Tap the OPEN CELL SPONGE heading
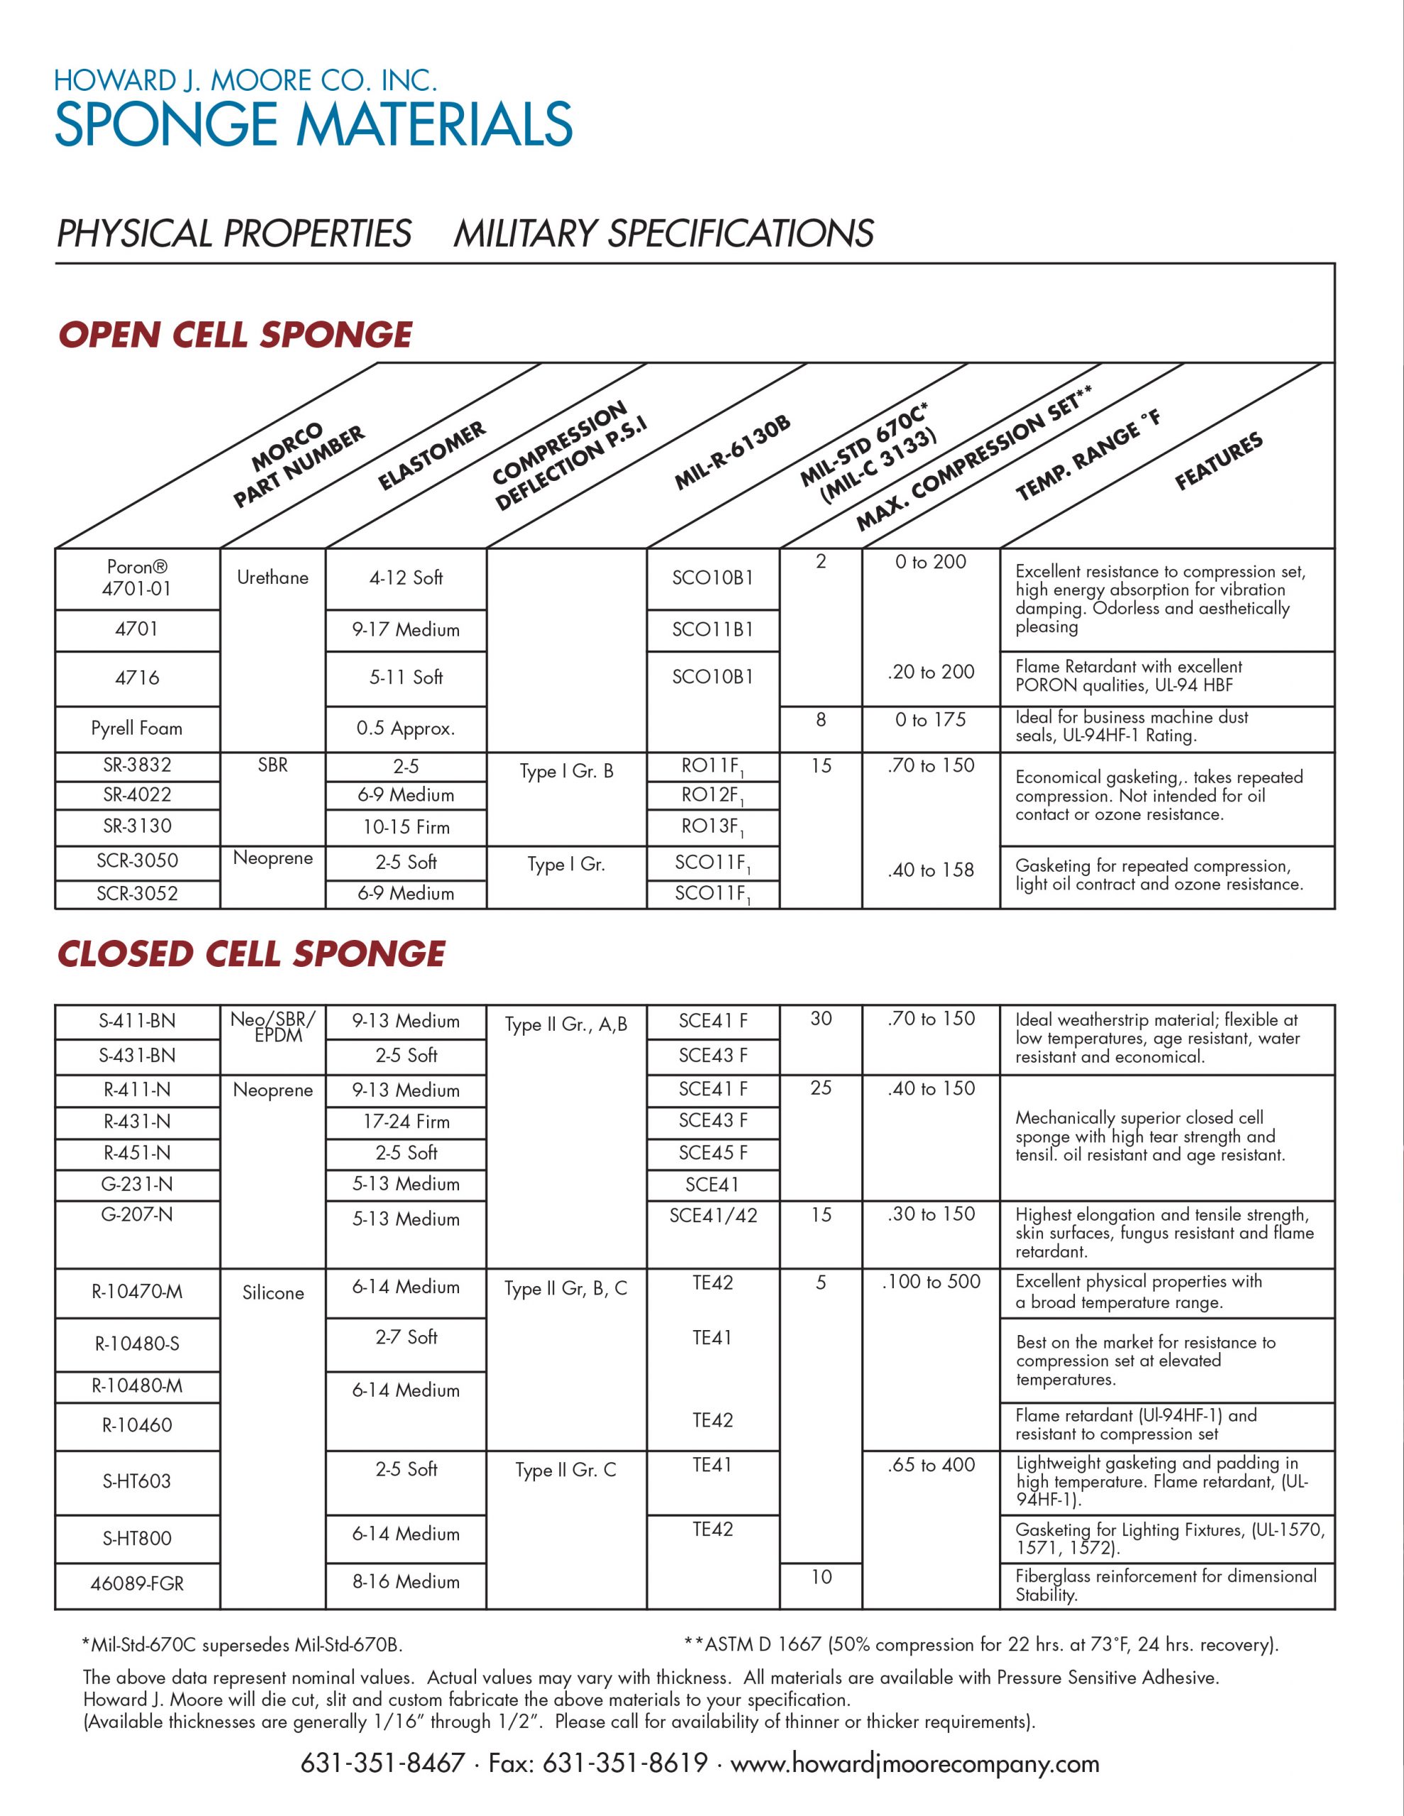click(236, 335)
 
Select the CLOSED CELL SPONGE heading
click(251, 953)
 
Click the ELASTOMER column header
click(431, 455)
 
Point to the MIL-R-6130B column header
click(732, 453)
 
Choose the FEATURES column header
click(1219, 462)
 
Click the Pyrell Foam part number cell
click(136, 729)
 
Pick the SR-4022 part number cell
click(137, 795)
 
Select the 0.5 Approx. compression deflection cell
click(406, 729)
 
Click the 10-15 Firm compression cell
click(406, 827)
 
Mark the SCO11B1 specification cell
click(713, 629)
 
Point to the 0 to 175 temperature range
click(931, 720)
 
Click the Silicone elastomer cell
click(273, 1293)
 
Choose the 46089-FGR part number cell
click(137, 1583)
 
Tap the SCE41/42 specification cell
click(714, 1216)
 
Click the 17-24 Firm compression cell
click(406, 1122)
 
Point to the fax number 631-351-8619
click(624, 1764)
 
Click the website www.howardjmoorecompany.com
click(915, 1764)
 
